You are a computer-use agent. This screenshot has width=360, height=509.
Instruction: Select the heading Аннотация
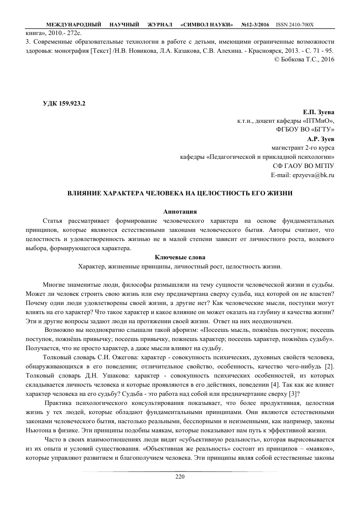[180, 211]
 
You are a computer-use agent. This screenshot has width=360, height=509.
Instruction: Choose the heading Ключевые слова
[180, 257]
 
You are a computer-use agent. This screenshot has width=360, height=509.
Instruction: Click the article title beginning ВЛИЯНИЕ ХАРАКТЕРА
[180, 193]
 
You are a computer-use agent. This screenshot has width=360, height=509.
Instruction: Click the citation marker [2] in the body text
[329, 366]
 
